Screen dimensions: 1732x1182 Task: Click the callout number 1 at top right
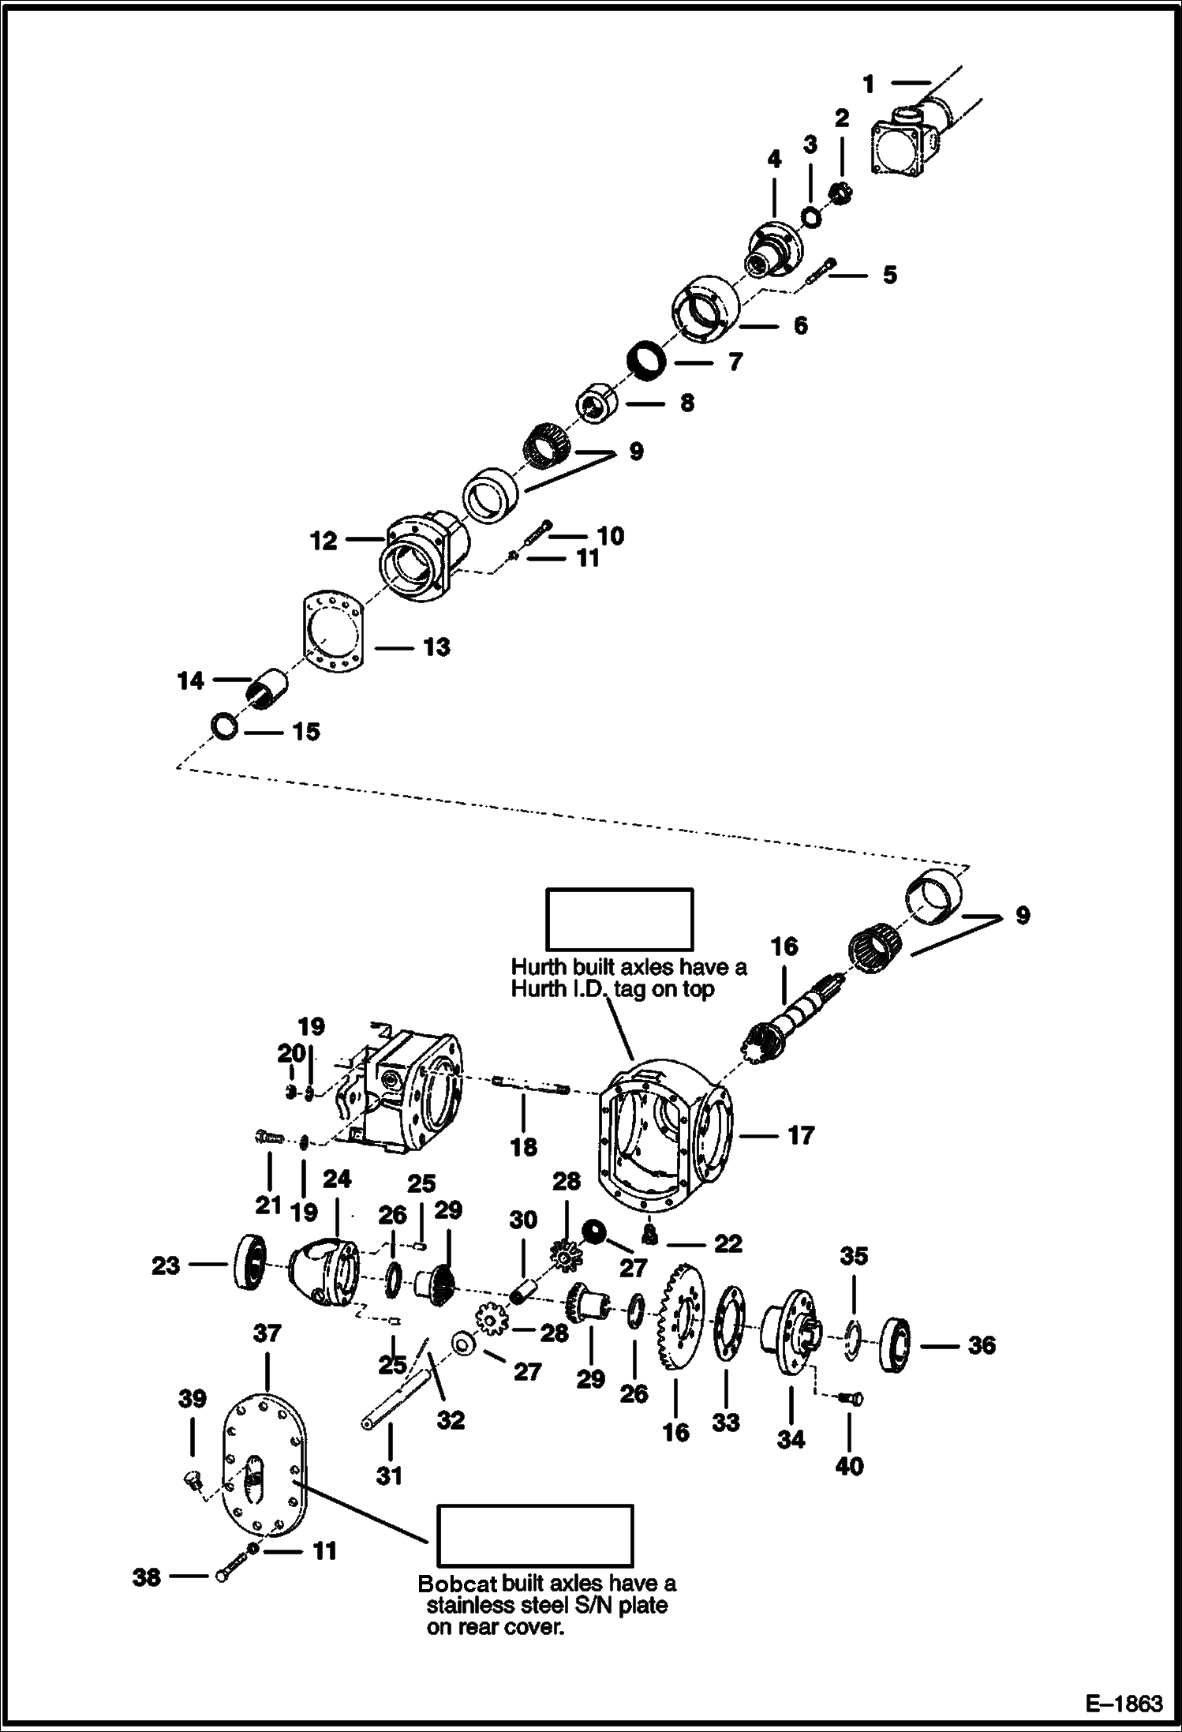click(x=869, y=84)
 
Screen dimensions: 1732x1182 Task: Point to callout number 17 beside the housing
click(x=800, y=1136)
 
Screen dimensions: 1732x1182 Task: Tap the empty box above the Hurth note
click(x=620, y=919)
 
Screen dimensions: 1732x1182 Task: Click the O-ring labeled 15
click(x=224, y=725)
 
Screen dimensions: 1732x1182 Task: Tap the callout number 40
click(x=849, y=1467)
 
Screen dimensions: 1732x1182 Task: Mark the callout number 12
click(x=324, y=542)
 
